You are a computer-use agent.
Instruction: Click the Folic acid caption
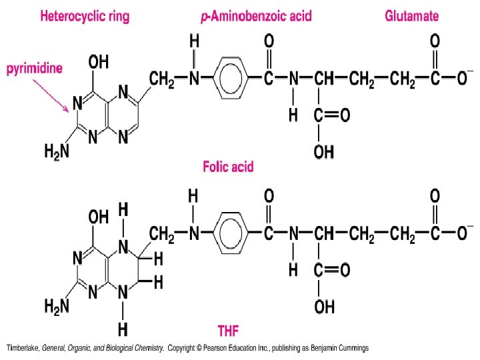click(x=228, y=167)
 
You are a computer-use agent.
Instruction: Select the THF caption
click(x=228, y=329)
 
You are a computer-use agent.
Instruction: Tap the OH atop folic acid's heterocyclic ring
click(x=99, y=63)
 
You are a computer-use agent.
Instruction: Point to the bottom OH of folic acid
click(x=324, y=153)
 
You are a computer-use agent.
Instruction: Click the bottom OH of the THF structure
click(x=324, y=307)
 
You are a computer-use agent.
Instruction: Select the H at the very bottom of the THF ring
click(x=123, y=329)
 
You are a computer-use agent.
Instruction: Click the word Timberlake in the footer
click(x=23, y=348)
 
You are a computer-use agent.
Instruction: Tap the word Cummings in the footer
click(x=353, y=348)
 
